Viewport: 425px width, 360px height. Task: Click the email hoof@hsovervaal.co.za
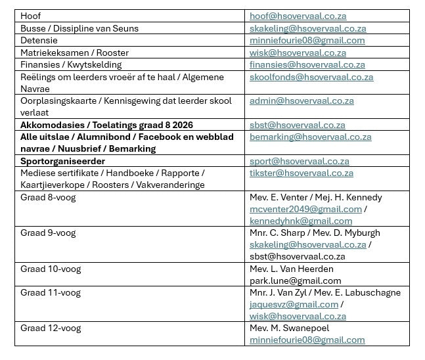pyautogui.click(x=298, y=16)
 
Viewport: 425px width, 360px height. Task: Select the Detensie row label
pyautogui.click(x=39, y=41)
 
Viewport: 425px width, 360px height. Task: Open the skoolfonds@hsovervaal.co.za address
pyautogui.click(x=311, y=77)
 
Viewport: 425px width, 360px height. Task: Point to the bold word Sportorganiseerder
pyautogui.click(x=62, y=161)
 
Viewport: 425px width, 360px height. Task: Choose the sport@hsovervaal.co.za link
pyautogui.click(x=299, y=161)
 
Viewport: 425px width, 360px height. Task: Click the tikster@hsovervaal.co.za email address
pyautogui.click(x=302, y=173)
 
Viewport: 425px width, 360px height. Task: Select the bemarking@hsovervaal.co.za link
pyautogui.click(x=310, y=137)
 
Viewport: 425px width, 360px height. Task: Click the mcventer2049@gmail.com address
pyautogui.click(x=305, y=209)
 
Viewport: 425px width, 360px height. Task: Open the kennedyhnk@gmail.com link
pyautogui.click(x=301, y=221)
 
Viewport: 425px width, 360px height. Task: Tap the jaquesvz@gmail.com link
pyautogui.click(x=294, y=304)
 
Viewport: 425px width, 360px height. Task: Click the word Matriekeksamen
pyautogui.click(x=51, y=53)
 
